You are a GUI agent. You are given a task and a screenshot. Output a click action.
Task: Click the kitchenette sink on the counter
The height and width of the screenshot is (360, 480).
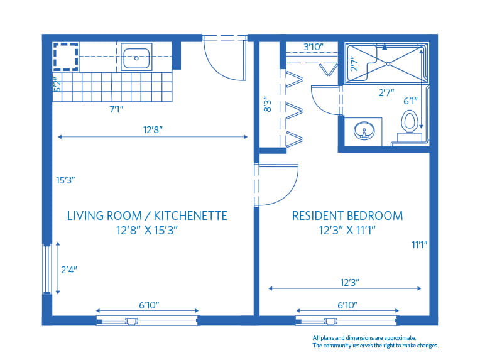pos(136,58)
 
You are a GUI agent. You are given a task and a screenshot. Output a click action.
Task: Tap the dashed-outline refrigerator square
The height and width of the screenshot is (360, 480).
pos(65,55)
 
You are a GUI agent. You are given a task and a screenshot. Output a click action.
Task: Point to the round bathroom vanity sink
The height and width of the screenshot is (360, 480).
pos(363,132)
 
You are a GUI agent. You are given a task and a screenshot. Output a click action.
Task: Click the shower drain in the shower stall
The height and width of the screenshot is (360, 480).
pos(388,63)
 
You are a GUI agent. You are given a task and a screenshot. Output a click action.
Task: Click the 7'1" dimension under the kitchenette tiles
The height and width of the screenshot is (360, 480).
pos(116,109)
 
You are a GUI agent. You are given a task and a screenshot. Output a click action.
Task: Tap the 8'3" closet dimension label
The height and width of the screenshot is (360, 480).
pos(268,104)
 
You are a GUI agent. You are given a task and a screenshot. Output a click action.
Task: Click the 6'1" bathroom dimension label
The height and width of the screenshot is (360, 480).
pos(410,101)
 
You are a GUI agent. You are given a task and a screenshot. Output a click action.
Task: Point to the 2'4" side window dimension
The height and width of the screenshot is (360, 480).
pos(69,270)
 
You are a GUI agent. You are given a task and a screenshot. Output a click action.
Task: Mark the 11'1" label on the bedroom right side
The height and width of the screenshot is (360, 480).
pos(420,244)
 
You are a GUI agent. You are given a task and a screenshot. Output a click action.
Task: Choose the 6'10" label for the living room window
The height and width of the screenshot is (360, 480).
pos(148,305)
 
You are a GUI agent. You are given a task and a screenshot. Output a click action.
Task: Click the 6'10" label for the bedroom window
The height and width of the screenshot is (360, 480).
pos(347,305)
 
